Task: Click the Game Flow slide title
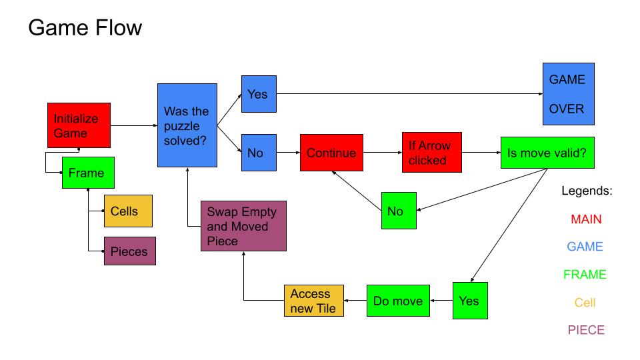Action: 85,28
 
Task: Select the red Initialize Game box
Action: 79,125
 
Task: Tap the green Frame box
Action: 87,173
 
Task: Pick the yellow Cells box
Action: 128,211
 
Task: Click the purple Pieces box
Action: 129,251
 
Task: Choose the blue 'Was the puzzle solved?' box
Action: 187,125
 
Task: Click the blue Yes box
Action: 258,94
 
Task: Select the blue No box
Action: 258,153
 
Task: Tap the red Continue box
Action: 331,153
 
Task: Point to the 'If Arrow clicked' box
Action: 431,153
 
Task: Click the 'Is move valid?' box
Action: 547,153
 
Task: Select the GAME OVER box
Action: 568,94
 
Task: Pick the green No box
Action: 398,211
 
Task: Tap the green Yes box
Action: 469,301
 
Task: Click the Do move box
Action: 398,301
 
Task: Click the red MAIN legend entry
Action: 587,219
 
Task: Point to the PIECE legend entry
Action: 587,330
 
